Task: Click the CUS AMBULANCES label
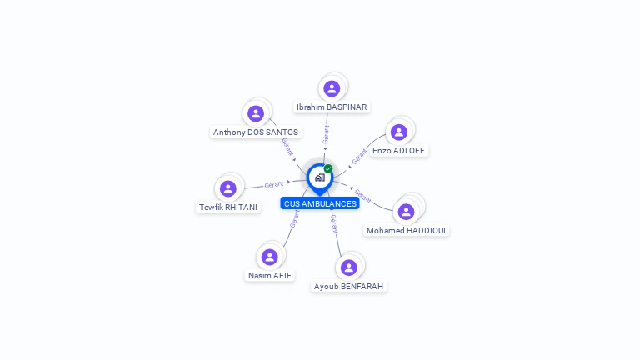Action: coord(320,203)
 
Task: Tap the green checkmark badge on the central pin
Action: coord(328,168)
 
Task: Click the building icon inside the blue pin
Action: coord(320,177)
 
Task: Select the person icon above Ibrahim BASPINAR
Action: coord(332,88)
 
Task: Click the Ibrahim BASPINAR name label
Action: coord(332,107)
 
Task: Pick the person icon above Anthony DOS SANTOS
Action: coord(256,113)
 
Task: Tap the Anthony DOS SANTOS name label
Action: coord(256,132)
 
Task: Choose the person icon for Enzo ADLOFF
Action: coord(399,132)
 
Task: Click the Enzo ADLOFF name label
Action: coord(399,150)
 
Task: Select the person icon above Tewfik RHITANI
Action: coord(228,188)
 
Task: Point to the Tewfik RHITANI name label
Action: coord(228,207)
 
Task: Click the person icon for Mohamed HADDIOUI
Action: coord(406,212)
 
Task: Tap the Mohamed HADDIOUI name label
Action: coord(406,230)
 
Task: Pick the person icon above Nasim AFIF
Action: coord(270,257)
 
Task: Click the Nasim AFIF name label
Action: coord(270,276)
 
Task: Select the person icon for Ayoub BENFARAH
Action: coord(349,267)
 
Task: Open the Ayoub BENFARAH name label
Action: coord(349,286)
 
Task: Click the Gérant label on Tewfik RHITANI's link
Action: coord(274,184)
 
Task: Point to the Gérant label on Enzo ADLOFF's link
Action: coord(359,157)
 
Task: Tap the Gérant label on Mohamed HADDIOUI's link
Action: coord(362,196)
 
